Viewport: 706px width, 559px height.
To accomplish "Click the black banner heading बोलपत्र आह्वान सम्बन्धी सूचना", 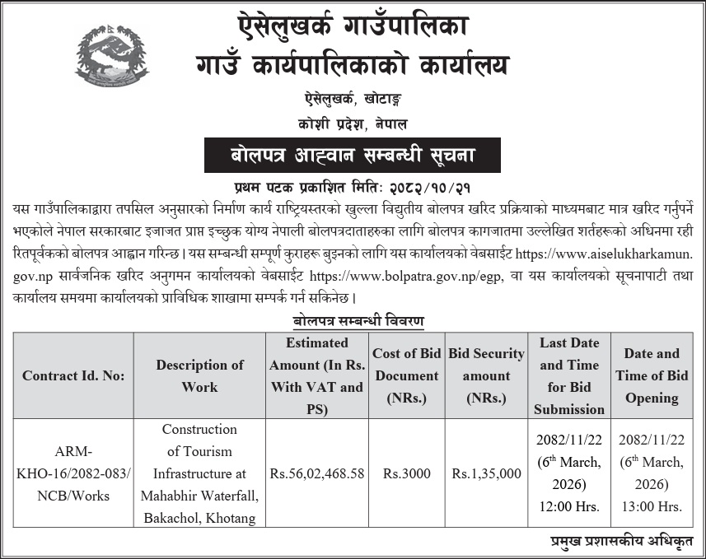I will [353, 154].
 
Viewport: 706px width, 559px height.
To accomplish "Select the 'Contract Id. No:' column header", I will [74, 375].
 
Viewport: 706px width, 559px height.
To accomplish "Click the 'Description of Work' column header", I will [199, 375].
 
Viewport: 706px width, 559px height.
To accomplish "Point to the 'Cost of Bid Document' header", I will [407, 375].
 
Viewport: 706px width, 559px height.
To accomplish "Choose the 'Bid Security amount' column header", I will [486, 375].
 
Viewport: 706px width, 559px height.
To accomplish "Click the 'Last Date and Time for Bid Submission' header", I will [568, 375].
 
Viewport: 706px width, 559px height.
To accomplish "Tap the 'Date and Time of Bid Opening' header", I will [651, 375].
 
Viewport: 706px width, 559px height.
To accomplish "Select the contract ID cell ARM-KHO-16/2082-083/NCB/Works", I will [74, 473].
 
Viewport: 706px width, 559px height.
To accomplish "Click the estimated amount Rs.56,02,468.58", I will [316, 473].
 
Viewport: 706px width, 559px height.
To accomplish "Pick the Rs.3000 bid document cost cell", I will [407, 473].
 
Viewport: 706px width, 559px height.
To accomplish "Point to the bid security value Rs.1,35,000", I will [486, 473].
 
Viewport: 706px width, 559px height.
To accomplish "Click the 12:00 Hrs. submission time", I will [568, 506].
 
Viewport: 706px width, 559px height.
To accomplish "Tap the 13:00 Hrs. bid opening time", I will [651, 506].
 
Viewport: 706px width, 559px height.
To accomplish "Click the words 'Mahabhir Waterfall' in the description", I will [199, 496].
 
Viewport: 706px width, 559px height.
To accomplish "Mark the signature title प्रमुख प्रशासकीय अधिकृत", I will [621, 541].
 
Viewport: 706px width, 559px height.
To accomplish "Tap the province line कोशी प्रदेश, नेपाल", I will [353, 123].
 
